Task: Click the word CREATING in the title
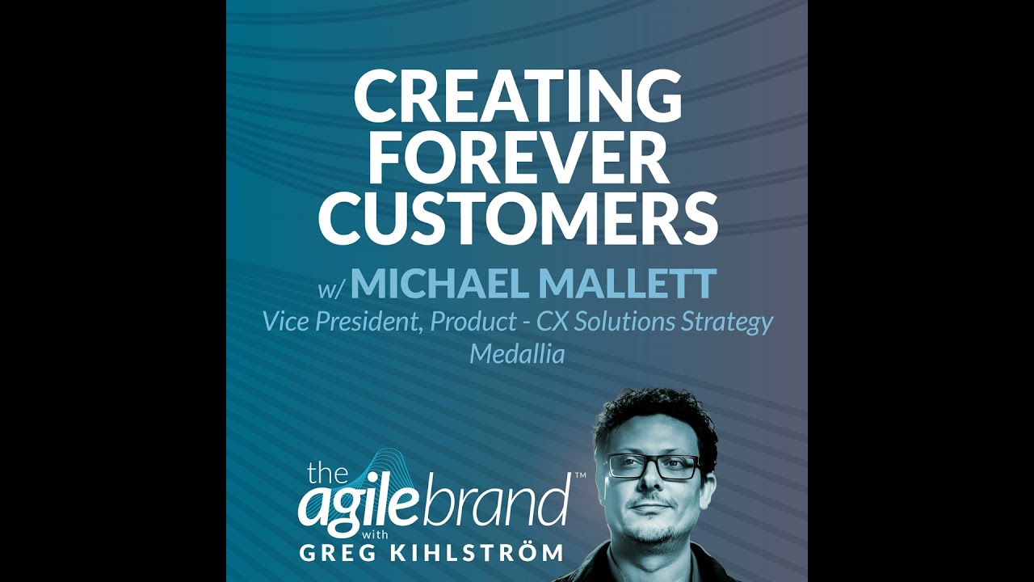click(x=517, y=96)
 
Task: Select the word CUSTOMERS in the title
click(x=518, y=219)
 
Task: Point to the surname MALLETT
click(x=627, y=284)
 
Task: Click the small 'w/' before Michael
click(x=331, y=288)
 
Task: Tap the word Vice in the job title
click(x=284, y=322)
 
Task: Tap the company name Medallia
click(x=517, y=353)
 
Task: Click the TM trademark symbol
click(x=579, y=477)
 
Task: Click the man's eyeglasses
click(x=654, y=466)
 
